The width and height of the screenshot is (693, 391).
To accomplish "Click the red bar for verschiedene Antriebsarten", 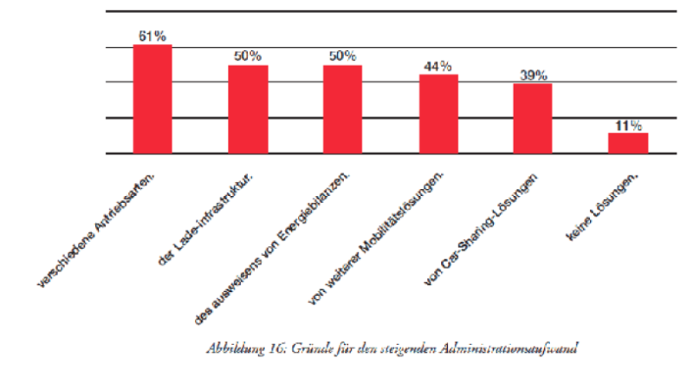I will pyautogui.click(x=152, y=99).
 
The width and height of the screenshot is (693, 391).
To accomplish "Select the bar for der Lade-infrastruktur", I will pyautogui.click(x=248, y=109).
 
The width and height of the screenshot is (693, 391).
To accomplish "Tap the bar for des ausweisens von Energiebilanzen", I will pyautogui.click(x=343, y=109).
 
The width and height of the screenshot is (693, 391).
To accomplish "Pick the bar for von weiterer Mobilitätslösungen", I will pyautogui.click(x=438, y=114).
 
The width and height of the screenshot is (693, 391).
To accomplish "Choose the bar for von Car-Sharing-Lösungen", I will pyautogui.click(x=533, y=119).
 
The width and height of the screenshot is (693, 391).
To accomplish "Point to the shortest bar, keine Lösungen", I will pyautogui.click(x=628, y=143).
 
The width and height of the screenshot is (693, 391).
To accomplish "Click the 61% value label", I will pyautogui.click(x=152, y=36).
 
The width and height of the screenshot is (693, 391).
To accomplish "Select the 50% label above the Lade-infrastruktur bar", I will pyautogui.click(x=248, y=55).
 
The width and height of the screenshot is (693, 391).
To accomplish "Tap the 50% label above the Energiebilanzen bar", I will pyautogui.click(x=343, y=55).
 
